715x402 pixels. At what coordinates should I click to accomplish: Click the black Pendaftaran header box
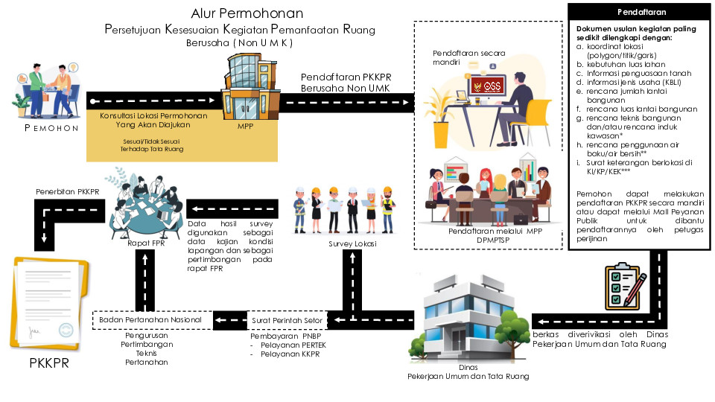(641, 13)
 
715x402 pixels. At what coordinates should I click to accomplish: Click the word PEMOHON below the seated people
(51, 128)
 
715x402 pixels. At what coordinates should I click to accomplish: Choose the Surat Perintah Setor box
(287, 320)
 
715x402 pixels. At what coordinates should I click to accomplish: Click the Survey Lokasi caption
(352, 243)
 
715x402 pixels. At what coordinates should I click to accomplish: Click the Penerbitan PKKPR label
(68, 192)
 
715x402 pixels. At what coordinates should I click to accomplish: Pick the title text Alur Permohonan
(247, 13)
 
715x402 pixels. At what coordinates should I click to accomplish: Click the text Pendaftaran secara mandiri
(463, 58)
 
